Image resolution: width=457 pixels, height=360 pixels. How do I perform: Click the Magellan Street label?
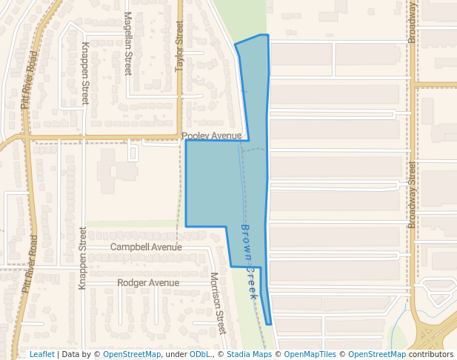tap(127, 43)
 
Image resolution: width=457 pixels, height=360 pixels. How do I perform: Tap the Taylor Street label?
tap(179, 47)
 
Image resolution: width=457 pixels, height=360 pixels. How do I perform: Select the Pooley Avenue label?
tap(212, 136)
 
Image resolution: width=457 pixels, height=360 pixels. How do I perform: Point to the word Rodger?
tap(133, 283)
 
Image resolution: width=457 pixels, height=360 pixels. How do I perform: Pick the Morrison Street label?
tap(217, 301)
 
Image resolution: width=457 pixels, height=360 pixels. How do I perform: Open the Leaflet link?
tap(41, 354)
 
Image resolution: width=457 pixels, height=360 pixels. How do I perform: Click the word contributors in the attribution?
tap(431, 354)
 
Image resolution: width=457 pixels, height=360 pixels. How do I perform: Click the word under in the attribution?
tap(176, 354)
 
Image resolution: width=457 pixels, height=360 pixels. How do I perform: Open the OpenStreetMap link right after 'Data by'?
tap(132, 354)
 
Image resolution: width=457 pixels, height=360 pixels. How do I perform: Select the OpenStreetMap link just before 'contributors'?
tap(377, 354)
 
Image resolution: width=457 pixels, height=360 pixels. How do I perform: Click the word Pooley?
tap(197, 136)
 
